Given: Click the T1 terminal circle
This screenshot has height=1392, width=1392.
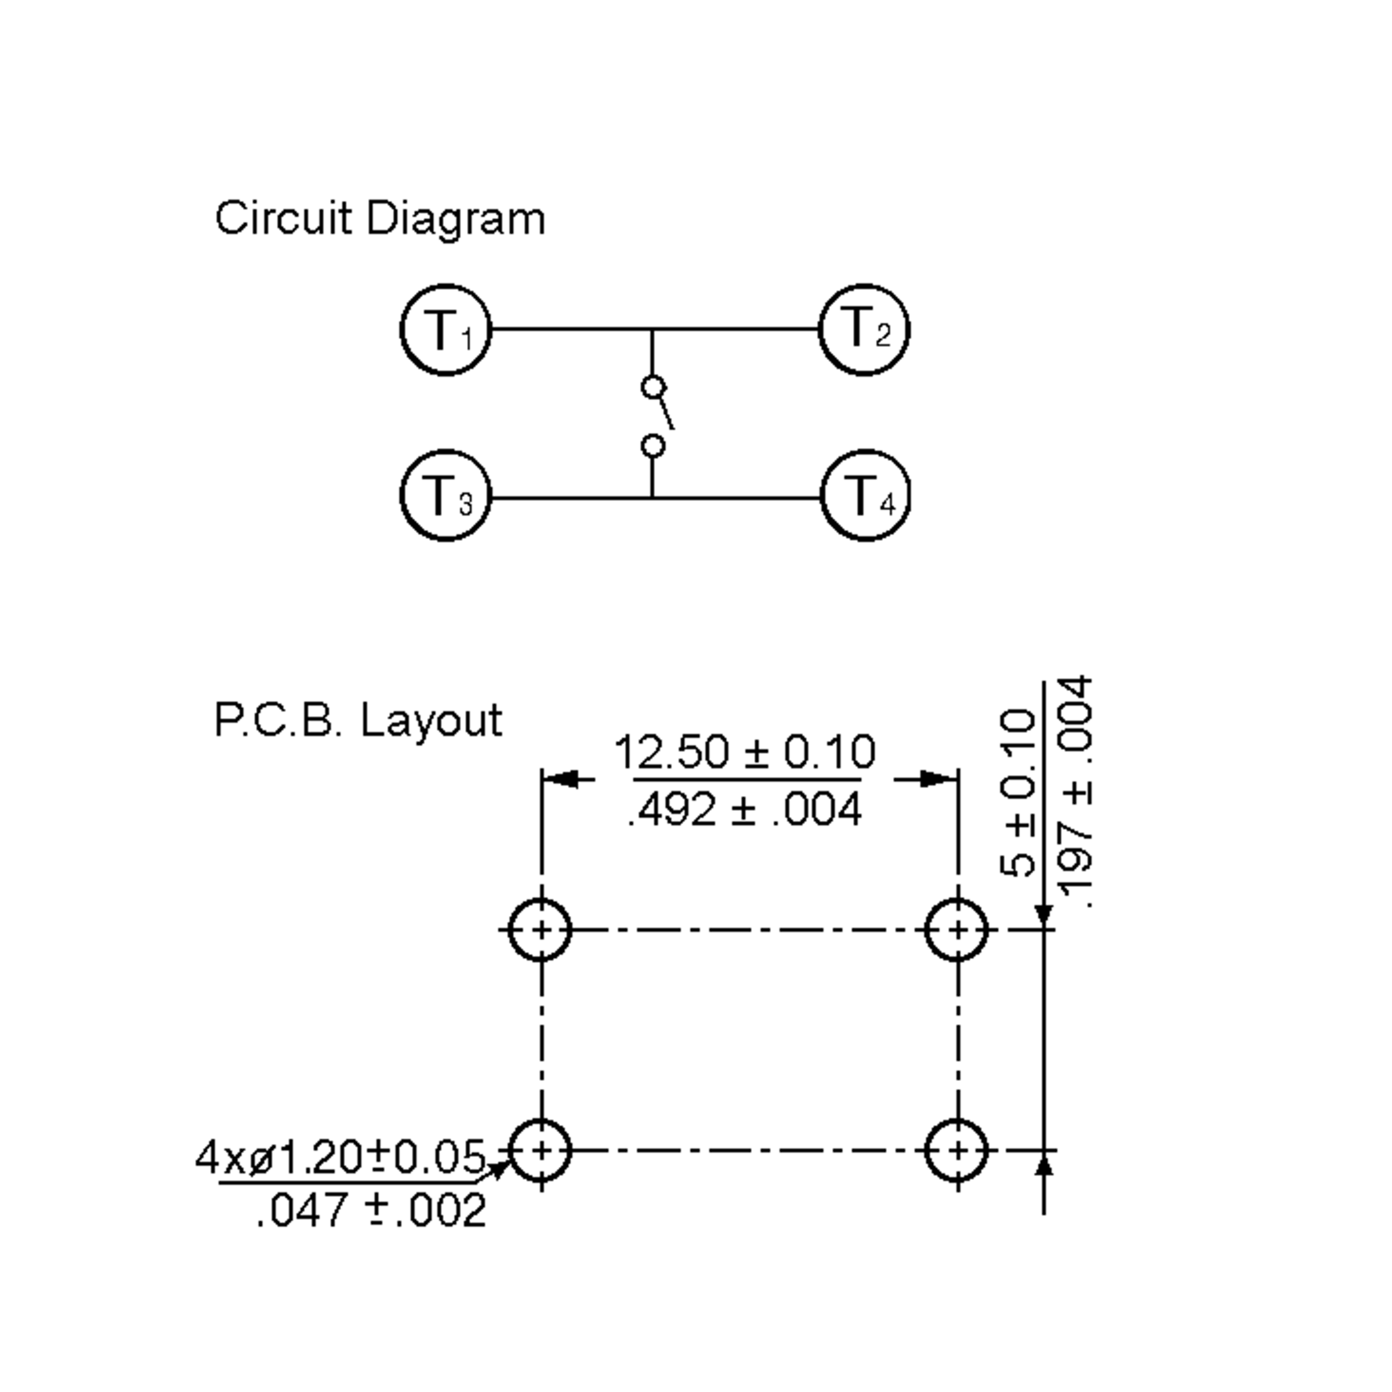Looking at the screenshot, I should [x=446, y=330].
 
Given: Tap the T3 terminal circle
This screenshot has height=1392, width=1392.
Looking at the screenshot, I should [x=446, y=496].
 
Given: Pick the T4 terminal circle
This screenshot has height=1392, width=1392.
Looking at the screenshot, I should [x=865, y=496].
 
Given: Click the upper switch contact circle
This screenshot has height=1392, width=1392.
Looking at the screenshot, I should [x=652, y=387].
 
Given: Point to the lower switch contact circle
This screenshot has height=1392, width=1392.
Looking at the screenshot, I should [x=652, y=447].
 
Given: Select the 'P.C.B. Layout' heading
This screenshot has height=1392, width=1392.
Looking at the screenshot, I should [x=358, y=720].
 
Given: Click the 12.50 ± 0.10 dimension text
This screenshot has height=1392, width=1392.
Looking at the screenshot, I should [x=745, y=752].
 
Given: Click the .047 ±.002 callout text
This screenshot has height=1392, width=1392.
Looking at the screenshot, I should [x=371, y=1210].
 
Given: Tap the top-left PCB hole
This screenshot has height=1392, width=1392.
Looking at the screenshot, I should [x=541, y=930].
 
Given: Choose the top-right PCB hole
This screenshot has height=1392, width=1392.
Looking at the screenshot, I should [x=957, y=930].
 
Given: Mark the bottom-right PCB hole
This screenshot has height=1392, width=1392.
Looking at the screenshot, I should [x=957, y=1151].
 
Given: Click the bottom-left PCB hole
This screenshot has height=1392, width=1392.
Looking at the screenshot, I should [x=541, y=1151].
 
